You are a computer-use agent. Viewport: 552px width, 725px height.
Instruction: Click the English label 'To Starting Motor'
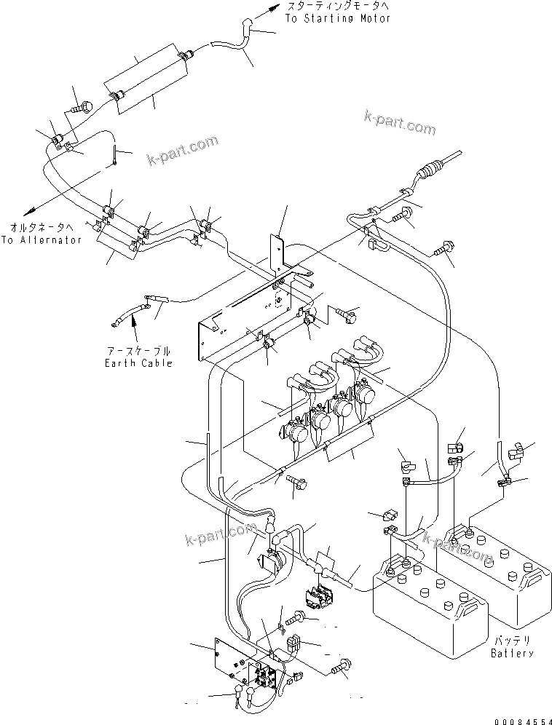click(x=337, y=18)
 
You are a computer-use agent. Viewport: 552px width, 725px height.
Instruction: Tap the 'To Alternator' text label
click(x=42, y=239)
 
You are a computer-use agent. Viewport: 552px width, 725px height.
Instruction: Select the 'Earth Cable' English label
click(x=138, y=362)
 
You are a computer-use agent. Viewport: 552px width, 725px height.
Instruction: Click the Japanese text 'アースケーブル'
click(x=138, y=351)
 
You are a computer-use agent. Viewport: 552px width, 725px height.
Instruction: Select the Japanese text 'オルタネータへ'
click(x=42, y=227)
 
